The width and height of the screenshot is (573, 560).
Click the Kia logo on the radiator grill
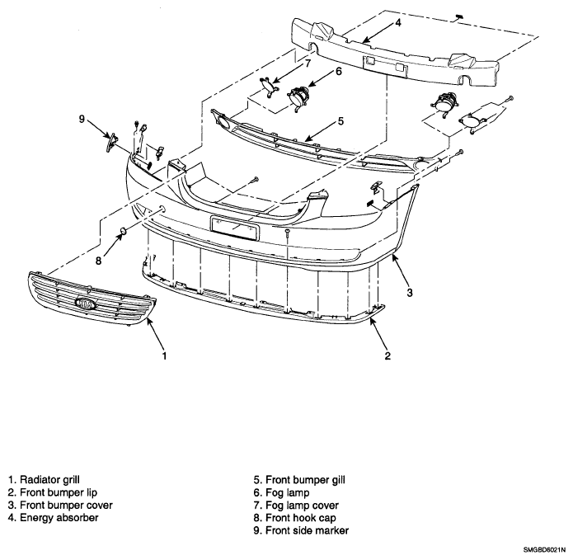pyautogui.click(x=86, y=303)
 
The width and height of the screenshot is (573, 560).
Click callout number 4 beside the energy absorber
pyautogui.click(x=398, y=22)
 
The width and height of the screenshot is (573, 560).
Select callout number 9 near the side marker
pyautogui.click(x=82, y=119)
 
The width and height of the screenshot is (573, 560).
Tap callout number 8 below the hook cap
pyautogui.click(x=98, y=261)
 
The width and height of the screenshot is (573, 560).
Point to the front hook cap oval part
pyautogui.click(x=123, y=231)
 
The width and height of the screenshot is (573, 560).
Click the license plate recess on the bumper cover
pyautogui.click(x=235, y=228)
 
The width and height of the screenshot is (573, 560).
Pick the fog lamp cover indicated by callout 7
pyautogui.click(x=270, y=87)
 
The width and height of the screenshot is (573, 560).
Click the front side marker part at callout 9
pyautogui.click(x=111, y=143)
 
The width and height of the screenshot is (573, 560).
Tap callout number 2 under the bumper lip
pyautogui.click(x=387, y=355)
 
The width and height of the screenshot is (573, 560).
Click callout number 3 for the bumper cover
pyautogui.click(x=410, y=293)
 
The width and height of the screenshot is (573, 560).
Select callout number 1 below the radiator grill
pyautogui.click(x=164, y=355)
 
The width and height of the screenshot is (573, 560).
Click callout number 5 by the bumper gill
pyautogui.click(x=341, y=121)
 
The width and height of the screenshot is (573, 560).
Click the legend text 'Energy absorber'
pyautogui.click(x=59, y=518)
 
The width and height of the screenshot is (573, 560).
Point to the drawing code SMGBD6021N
pyautogui.click(x=544, y=550)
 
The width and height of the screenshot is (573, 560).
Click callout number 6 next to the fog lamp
pyautogui.click(x=339, y=72)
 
